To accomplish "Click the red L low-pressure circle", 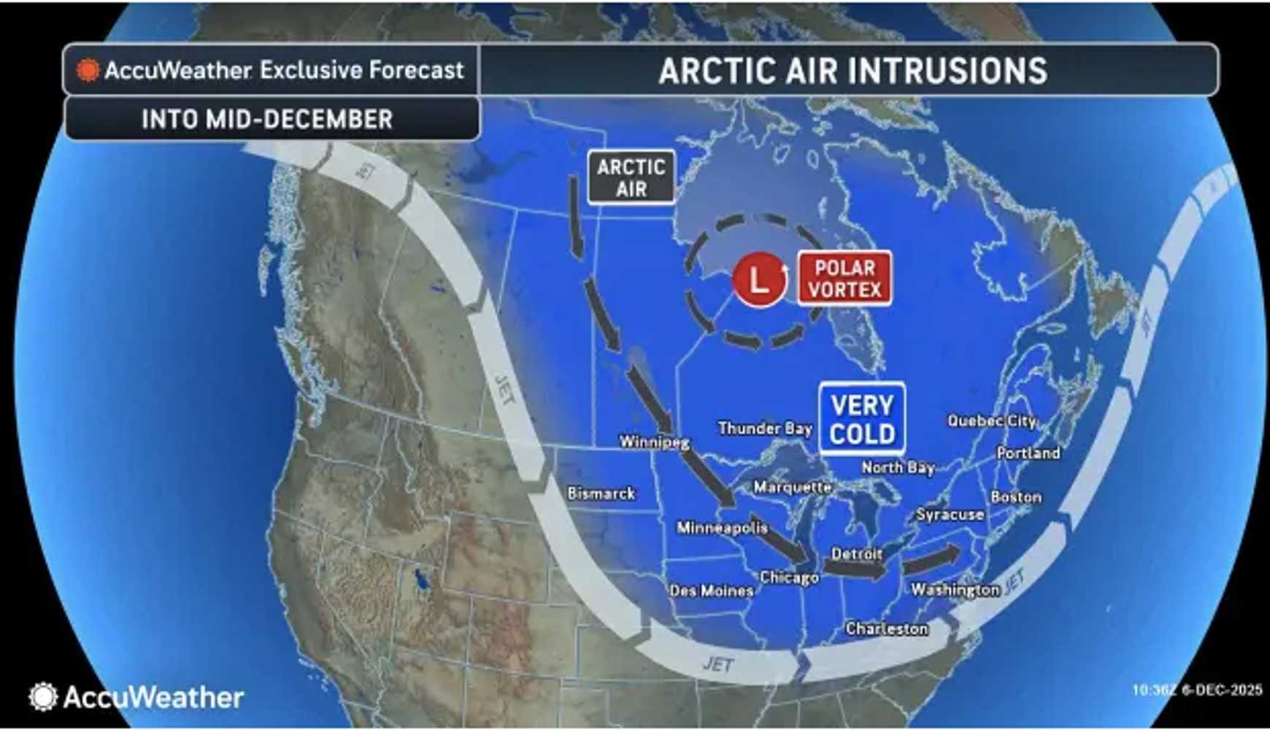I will [760, 279].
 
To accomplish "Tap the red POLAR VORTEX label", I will [844, 278].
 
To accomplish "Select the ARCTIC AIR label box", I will [631, 177].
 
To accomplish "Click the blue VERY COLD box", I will [862, 420].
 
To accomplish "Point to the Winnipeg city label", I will [654, 441].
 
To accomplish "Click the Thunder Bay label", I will [765, 428].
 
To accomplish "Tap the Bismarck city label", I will [601, 493].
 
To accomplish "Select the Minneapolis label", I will [722, 527].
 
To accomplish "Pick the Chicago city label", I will [789, 577].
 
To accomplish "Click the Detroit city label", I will [857, 554].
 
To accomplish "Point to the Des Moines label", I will [712, 591].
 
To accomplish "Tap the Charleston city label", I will [887, 628].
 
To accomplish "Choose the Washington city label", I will [955, 589].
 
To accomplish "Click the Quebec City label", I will [992, 420].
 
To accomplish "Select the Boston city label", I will [1016, 497].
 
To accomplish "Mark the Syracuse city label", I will [950, 515].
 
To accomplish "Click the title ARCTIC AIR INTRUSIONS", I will [853, 71].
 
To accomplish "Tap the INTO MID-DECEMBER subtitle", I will [267, 119].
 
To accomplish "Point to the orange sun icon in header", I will [88, 70].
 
